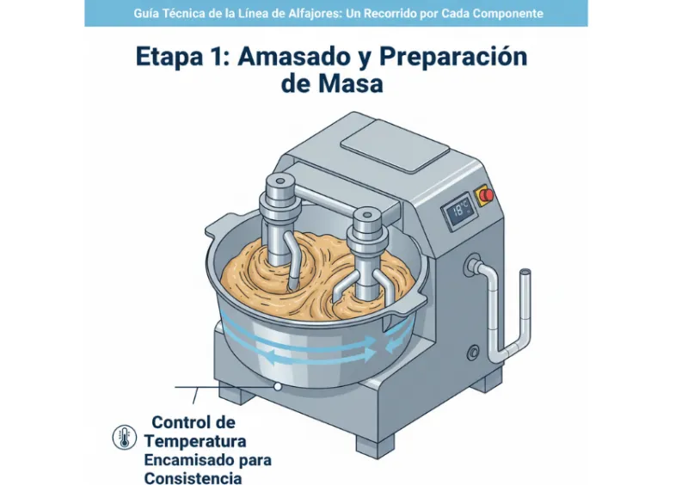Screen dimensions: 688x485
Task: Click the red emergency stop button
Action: [x=486, y=194]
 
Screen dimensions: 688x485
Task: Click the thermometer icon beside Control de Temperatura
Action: [x=124, y=437]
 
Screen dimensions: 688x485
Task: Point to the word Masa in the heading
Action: [x=355, y=83]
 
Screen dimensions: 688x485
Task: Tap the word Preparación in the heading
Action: [x=453, y=58]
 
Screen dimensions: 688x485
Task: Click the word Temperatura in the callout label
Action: [x=195, y=441]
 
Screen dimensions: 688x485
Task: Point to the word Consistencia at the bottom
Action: [x=193, y=478]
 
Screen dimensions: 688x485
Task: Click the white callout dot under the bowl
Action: [x=277, y=387]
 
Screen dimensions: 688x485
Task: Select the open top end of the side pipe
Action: [x=525, y=273]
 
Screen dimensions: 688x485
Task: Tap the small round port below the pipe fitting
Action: [x=473, y=352]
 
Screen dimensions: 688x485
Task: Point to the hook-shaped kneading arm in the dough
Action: [x=292, y=261]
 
